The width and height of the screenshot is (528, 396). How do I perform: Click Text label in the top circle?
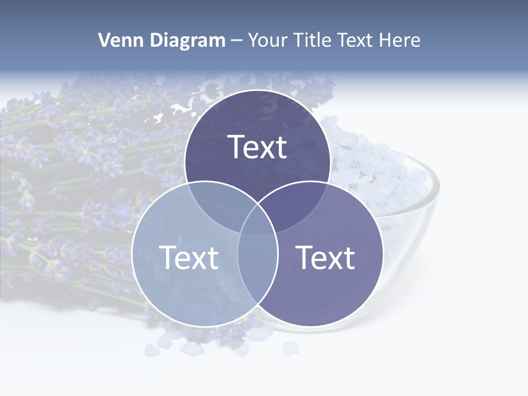click(257, 147)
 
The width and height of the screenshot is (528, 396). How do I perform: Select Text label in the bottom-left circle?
click(189, 257)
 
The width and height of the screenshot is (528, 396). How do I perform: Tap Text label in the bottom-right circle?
click(325, 257)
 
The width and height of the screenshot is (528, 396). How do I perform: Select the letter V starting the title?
click(103, 40)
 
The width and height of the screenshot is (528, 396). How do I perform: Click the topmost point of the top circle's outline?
click(257, 90)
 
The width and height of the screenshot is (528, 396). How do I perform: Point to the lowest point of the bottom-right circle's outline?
click(310, 327)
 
